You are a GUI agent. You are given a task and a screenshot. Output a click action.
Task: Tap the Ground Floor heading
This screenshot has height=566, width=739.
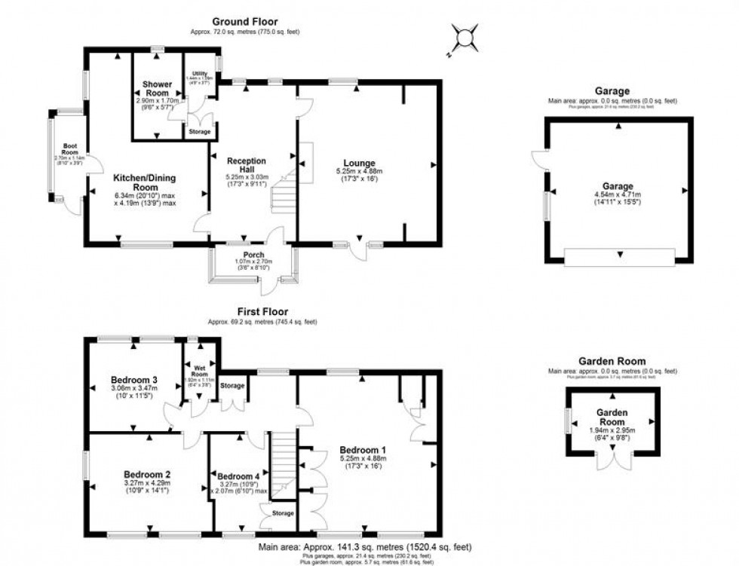point(246,21)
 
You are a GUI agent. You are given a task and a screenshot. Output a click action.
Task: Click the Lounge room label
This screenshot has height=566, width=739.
point(359,162)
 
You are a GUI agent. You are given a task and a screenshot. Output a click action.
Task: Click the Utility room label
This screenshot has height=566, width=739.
point(199,73)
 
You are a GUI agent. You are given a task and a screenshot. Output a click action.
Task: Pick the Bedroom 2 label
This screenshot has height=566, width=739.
point(146,474)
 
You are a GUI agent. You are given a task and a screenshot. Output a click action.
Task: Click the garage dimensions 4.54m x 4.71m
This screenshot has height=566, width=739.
point(617,198)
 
